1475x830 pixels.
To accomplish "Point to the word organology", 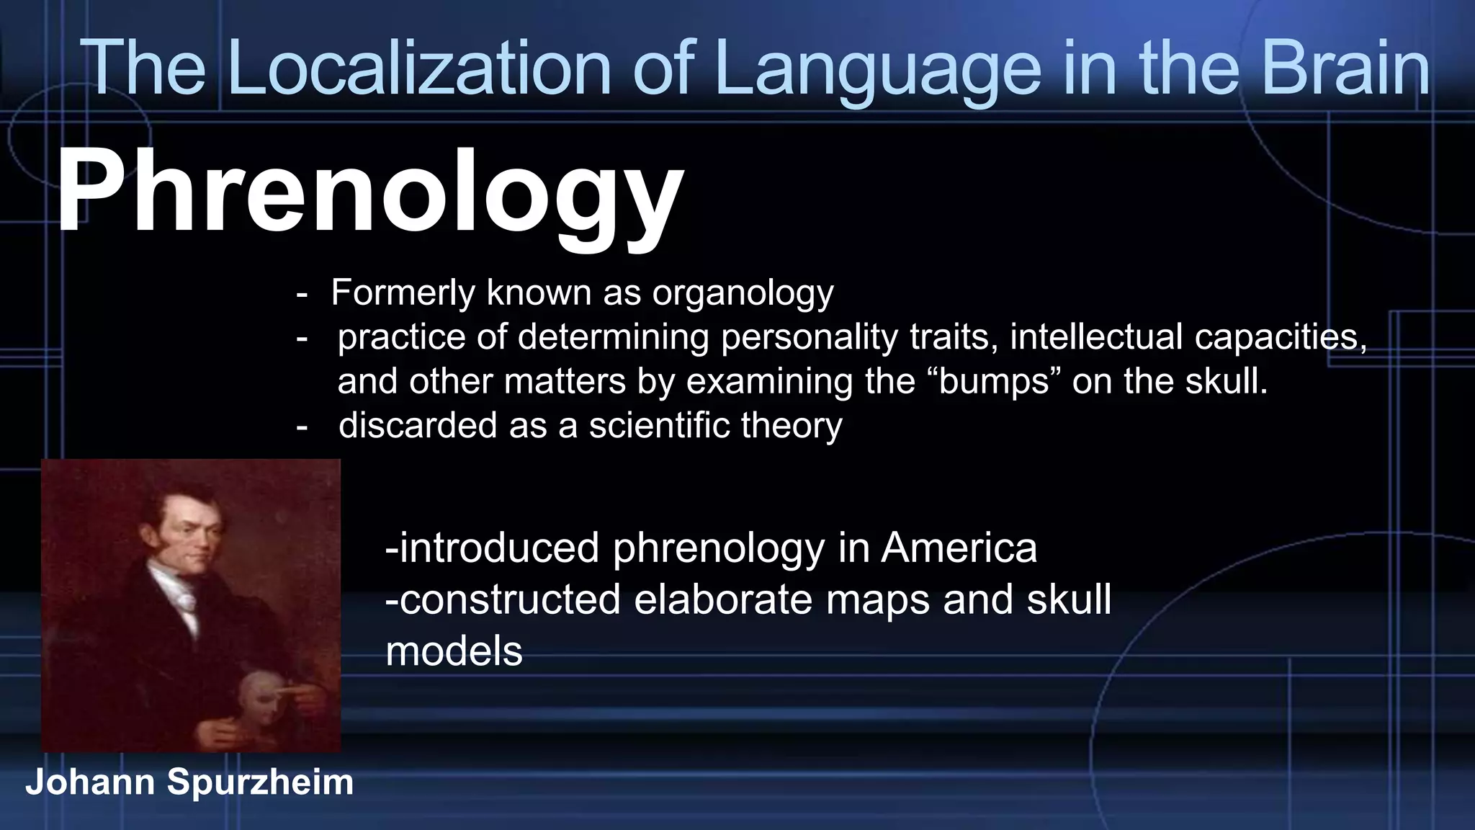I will coord(743,293).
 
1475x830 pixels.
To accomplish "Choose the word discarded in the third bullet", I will coord(418,425).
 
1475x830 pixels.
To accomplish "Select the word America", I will coord(959,548).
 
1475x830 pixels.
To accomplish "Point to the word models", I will coord(454,651).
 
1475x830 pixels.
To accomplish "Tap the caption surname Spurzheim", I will coord(260,782).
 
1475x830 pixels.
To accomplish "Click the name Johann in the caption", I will coord(90,782).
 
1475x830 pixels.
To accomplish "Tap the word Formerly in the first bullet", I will coord(403,293).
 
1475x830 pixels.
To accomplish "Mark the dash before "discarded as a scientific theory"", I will coord(302,426).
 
